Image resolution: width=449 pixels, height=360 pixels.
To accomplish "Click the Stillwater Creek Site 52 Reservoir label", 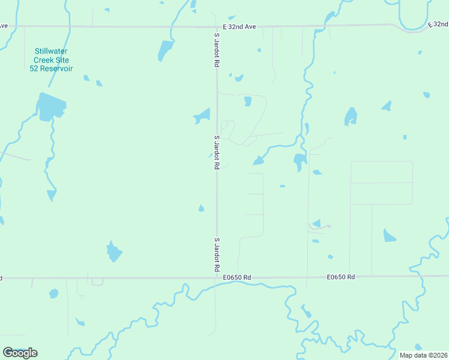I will pos(51,60).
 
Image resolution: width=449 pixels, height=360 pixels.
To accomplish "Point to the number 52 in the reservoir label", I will pos(35,68).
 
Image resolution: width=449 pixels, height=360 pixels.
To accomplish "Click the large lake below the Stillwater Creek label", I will pos(50,107).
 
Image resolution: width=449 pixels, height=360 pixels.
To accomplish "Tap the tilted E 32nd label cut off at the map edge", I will pos(438,25).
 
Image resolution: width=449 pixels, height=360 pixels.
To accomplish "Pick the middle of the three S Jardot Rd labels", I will pos(216,152).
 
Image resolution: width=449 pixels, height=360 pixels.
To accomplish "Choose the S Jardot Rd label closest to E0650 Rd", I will pos(216,255).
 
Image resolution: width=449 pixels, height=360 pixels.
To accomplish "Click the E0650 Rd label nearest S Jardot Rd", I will pos(237,277).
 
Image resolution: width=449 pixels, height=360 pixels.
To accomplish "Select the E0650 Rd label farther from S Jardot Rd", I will pos(341,277).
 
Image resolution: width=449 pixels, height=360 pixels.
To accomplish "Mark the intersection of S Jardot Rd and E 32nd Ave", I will pos(216,26).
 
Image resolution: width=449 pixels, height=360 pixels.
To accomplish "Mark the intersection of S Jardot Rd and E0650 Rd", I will pos(216,278).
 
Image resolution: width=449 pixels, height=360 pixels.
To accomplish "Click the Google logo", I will pos(20,353).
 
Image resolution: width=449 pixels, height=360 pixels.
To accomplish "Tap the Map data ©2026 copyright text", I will pos(424,355).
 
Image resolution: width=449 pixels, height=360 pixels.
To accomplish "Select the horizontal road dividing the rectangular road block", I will pos(381,182).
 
